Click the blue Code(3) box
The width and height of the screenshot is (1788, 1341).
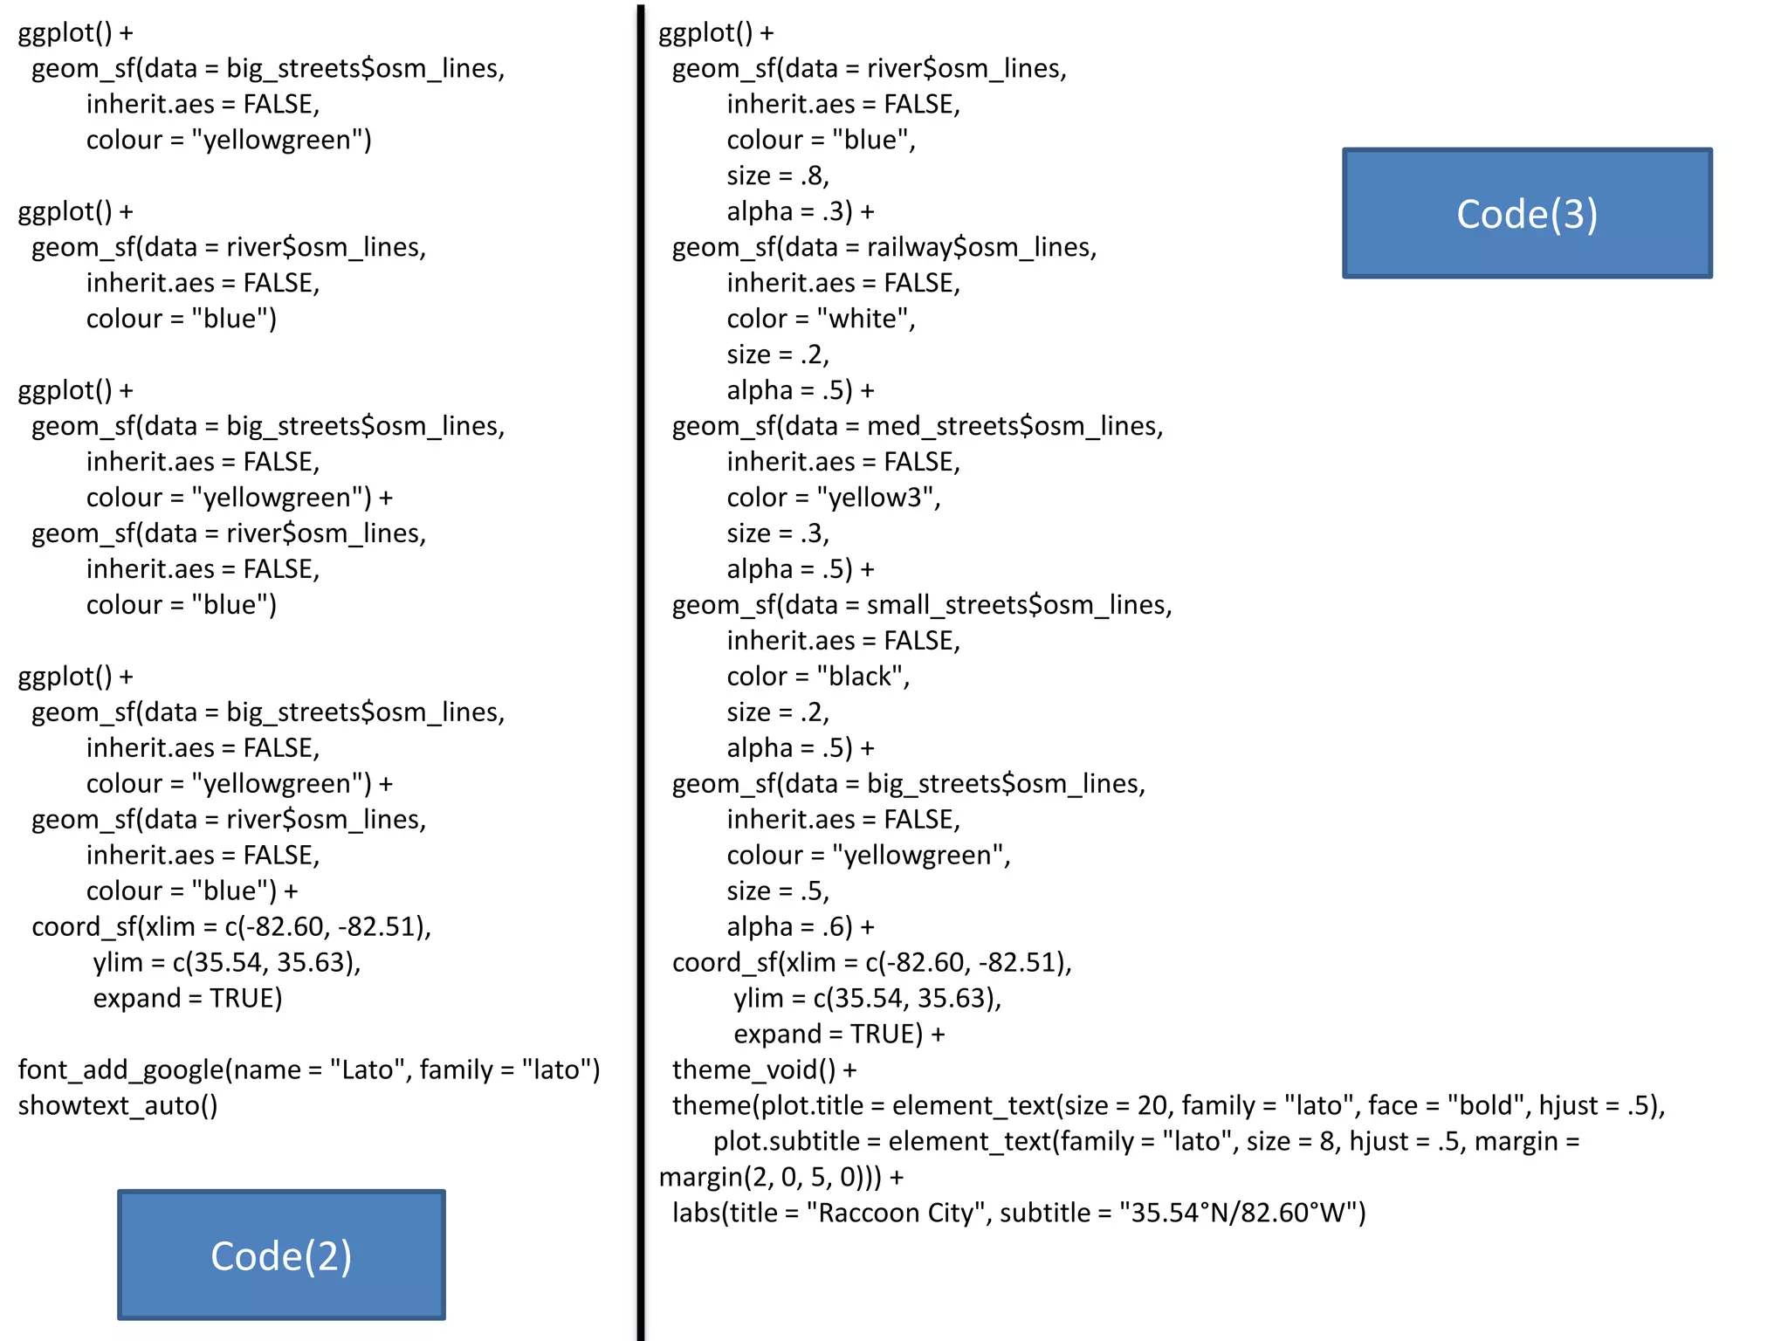pos(1527,214)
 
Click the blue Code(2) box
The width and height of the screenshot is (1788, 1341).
pos(281,1255)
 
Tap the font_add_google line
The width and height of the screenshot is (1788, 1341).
pos(309,1069)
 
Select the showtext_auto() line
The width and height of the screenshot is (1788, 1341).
pos(118,1105)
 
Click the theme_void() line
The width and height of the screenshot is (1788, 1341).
pos(764,1069)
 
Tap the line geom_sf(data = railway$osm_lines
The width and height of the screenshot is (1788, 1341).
pos(884,247)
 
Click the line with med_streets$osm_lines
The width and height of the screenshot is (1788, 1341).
pos(917,426)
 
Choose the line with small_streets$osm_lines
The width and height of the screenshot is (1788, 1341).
pos(921,605)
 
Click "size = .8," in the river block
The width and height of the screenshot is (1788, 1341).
pos(778,175)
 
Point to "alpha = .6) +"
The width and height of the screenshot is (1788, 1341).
pos(800,926)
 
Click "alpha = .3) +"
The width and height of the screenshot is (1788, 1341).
pos(800,211)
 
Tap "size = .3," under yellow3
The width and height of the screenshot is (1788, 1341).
pos(778,533)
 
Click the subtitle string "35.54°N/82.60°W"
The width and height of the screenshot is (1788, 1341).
pos(1241,1213)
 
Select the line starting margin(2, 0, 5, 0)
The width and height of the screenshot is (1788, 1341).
pos(781,1177)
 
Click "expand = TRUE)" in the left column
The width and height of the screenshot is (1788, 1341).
pos(188,998)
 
